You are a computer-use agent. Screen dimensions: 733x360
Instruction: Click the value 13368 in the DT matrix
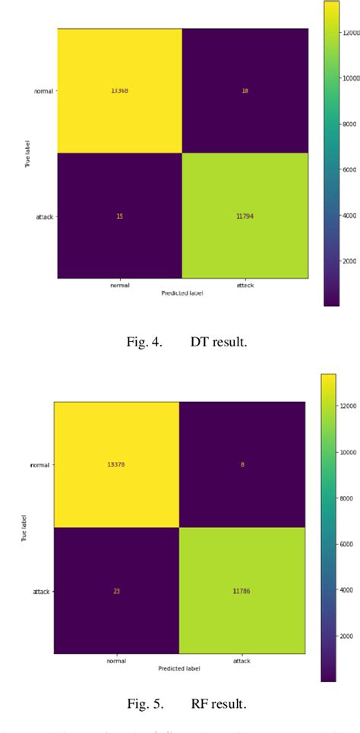(x=119, y=90)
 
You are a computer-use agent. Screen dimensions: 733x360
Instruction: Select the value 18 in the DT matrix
(x=245, y=90)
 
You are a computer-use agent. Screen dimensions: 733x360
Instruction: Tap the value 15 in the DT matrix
(x=119, y=216)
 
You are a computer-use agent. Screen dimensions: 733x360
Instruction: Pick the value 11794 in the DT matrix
(x=245, y=216)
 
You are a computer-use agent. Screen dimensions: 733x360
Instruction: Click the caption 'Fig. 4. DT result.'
(x=187, y=342)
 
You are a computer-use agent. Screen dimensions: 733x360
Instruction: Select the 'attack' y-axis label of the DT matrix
(x=45, y=216)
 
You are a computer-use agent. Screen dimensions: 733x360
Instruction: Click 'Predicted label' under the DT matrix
(x=183, y=292)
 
